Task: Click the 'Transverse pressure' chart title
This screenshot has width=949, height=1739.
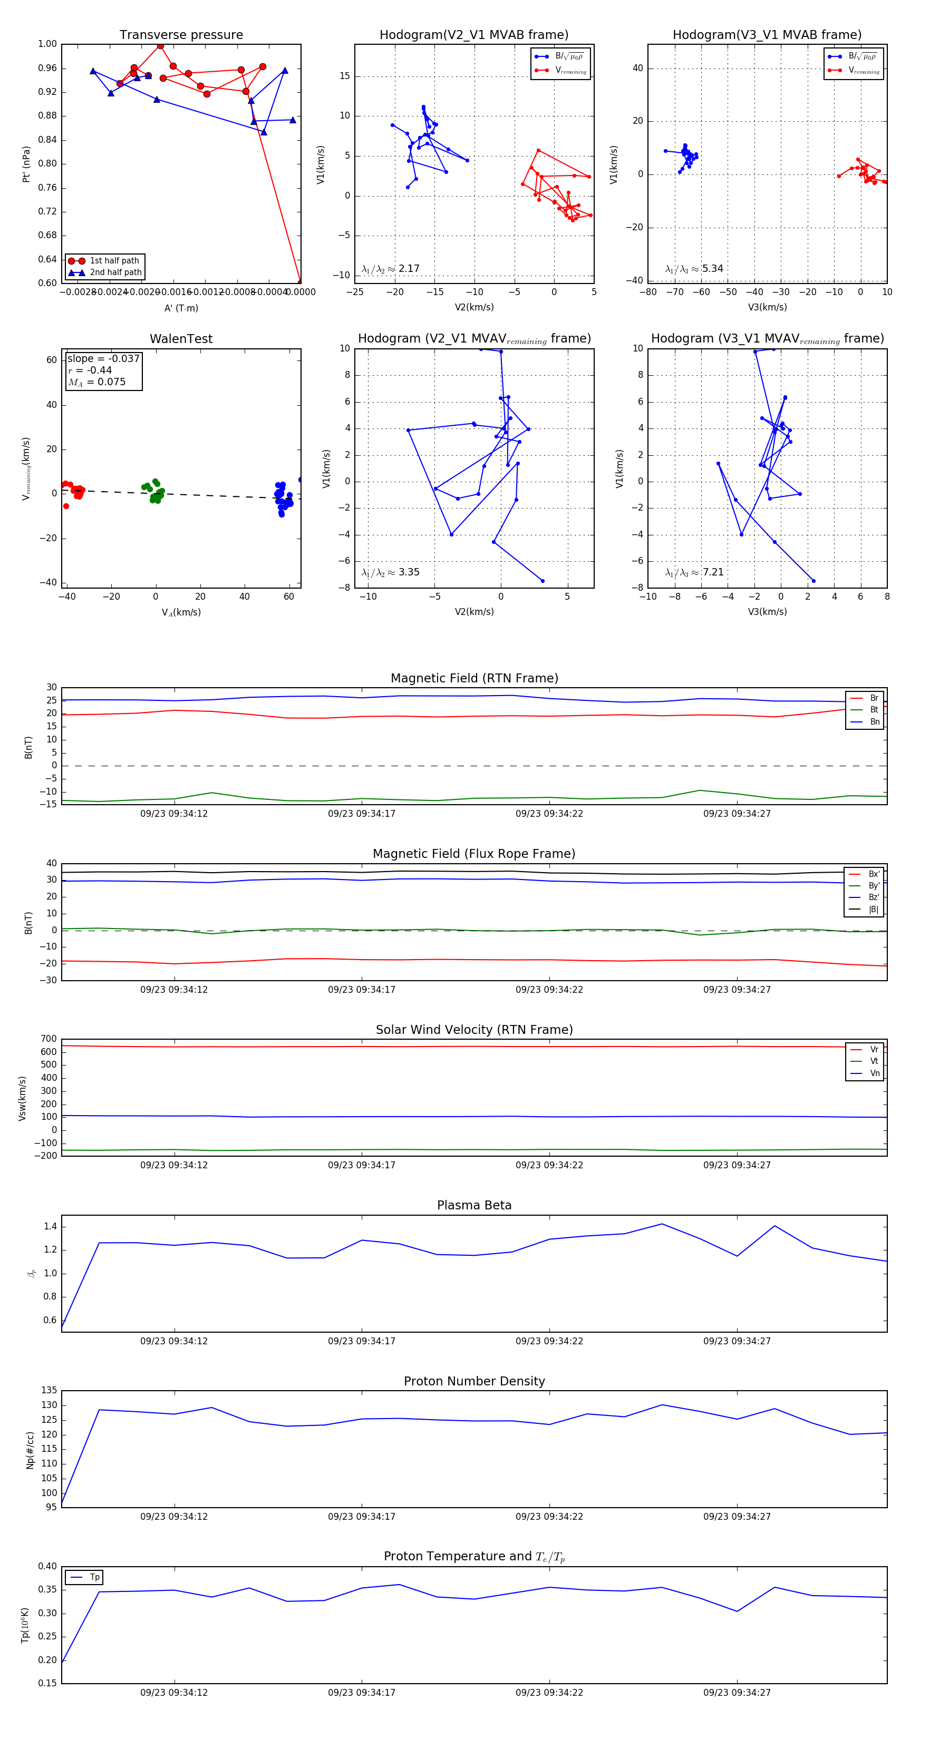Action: (x=181, y=35)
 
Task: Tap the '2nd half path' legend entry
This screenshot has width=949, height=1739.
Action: (x=115, y=273)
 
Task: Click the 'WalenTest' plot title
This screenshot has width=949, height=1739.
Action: (x=181, y=339)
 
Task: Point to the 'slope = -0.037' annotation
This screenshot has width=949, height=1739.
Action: (x=103, y=358)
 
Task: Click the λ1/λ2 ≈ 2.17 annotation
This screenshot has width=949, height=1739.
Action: (x=390, y=269)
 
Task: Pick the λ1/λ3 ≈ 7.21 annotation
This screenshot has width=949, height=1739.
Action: (x=694, y=572)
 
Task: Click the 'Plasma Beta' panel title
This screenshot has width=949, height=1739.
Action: (x=474, y=1206)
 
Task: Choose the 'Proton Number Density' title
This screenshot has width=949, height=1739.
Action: (x=474, y=1381)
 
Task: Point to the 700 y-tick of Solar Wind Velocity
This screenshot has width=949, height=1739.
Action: (x=49, y=1039)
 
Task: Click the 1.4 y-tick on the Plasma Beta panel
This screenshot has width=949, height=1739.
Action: (x=50, y=1227)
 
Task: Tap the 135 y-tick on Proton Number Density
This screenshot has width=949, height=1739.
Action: (x=49, y=1390)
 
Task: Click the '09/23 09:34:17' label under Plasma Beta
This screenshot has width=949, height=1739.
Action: (x=361, y=1341)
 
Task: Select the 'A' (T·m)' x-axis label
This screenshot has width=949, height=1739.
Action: (x=181, y=308)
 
